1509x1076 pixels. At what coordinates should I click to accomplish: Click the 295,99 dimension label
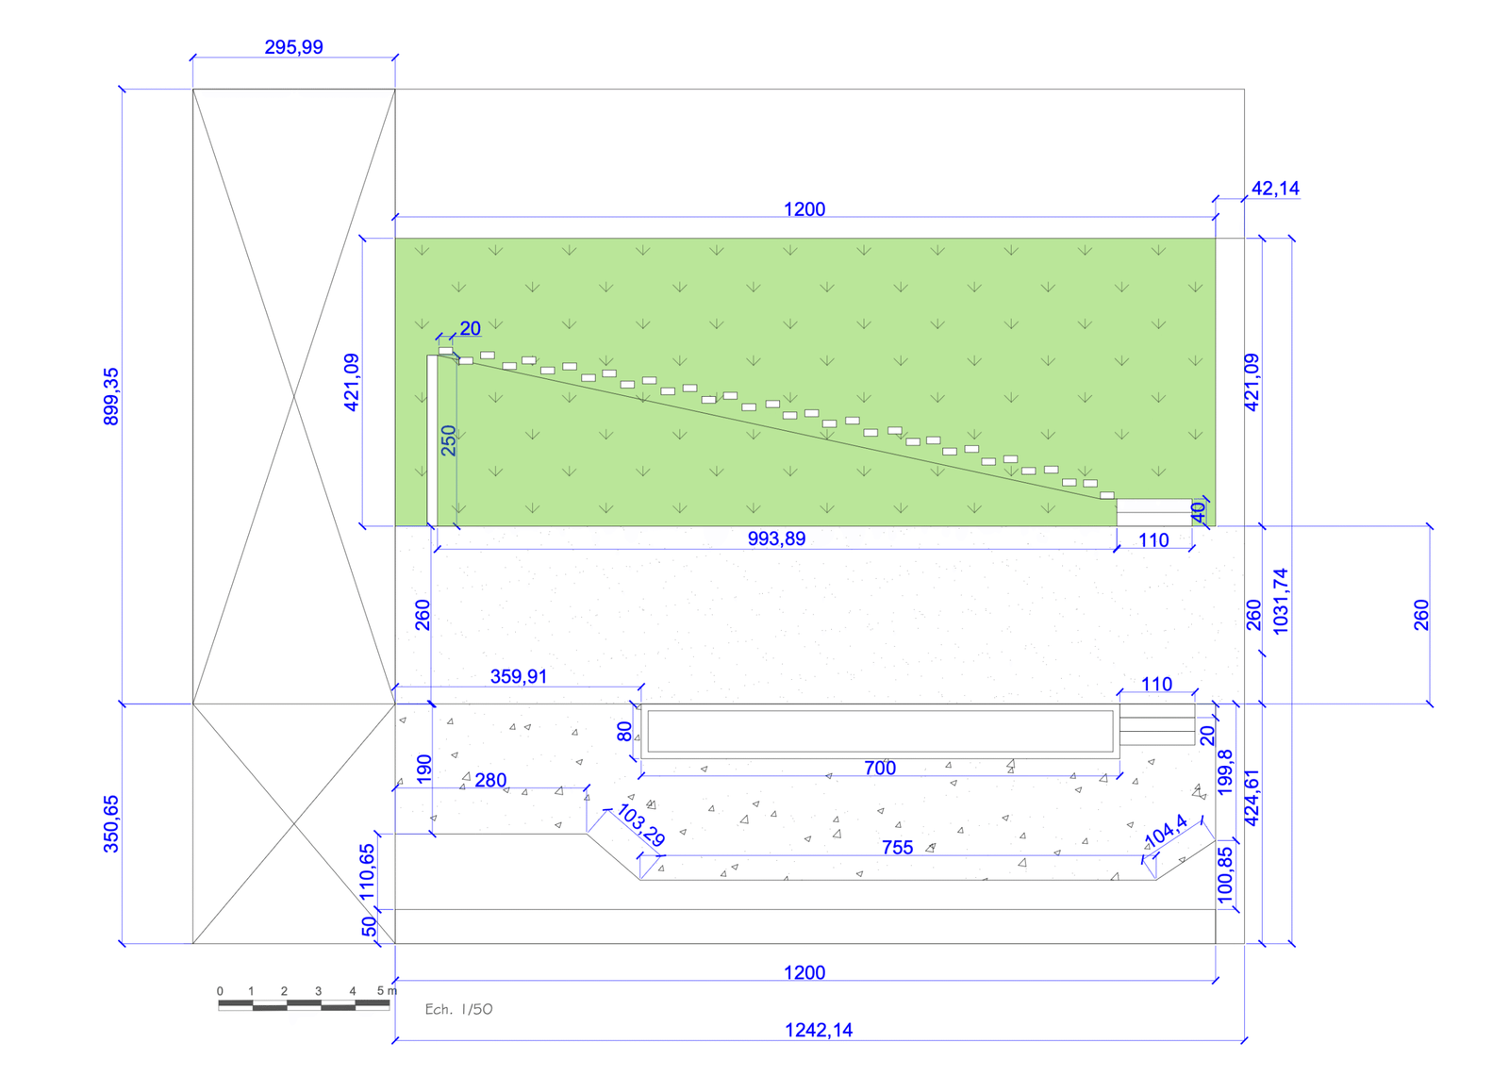click(293, 47)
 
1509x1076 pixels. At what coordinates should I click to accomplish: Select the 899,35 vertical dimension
click(110, 396)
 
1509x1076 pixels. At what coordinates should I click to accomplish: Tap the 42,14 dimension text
click(1275, 189)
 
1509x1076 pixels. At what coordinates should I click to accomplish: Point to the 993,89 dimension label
click(776, 539)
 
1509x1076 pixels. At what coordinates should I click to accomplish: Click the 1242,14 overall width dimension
click(819, 1030)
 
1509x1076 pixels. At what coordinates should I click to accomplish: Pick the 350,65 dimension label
click(110, 824)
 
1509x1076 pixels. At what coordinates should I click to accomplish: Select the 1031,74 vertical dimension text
click(1280, 601)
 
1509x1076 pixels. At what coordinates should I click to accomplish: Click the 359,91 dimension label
click(518, 676)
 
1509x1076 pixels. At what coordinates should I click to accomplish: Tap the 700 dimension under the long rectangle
click(880, 768)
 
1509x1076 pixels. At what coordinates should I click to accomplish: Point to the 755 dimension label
click(897, 848)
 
